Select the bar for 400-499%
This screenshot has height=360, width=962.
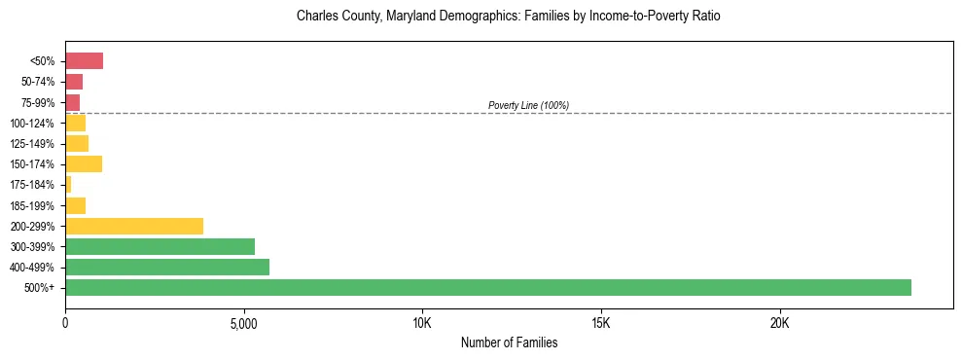(167, 267)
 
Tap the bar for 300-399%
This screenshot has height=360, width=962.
(160, 246)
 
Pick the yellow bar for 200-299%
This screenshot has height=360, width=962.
(134, 226)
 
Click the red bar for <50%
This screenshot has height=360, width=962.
(84, 61)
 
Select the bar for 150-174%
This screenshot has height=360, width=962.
(84, 163)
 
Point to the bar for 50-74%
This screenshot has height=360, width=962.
(74, 82)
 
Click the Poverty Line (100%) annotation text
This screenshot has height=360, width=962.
(528, 105)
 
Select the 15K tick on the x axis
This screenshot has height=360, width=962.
(601, 322)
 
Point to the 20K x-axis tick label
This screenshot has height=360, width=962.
(780, 322)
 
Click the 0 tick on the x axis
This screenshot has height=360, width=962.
(65, 322)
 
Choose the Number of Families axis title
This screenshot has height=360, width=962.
(509, 342)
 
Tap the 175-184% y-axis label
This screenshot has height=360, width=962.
(34, 185)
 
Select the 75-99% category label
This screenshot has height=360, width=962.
(37, 102)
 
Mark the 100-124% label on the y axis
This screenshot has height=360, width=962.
(34, 123)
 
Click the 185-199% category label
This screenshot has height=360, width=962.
(34, 205)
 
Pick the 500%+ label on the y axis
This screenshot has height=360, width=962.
(41, 288)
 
